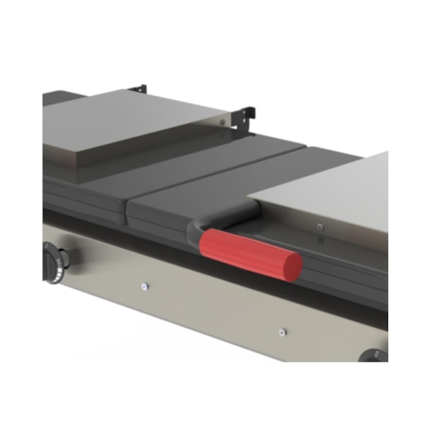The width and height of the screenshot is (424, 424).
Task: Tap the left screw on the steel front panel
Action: tap(144, 286)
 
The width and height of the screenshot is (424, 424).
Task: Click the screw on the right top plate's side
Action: tap(320, 227)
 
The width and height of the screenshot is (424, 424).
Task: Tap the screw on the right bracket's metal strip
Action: tap(222, 122)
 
